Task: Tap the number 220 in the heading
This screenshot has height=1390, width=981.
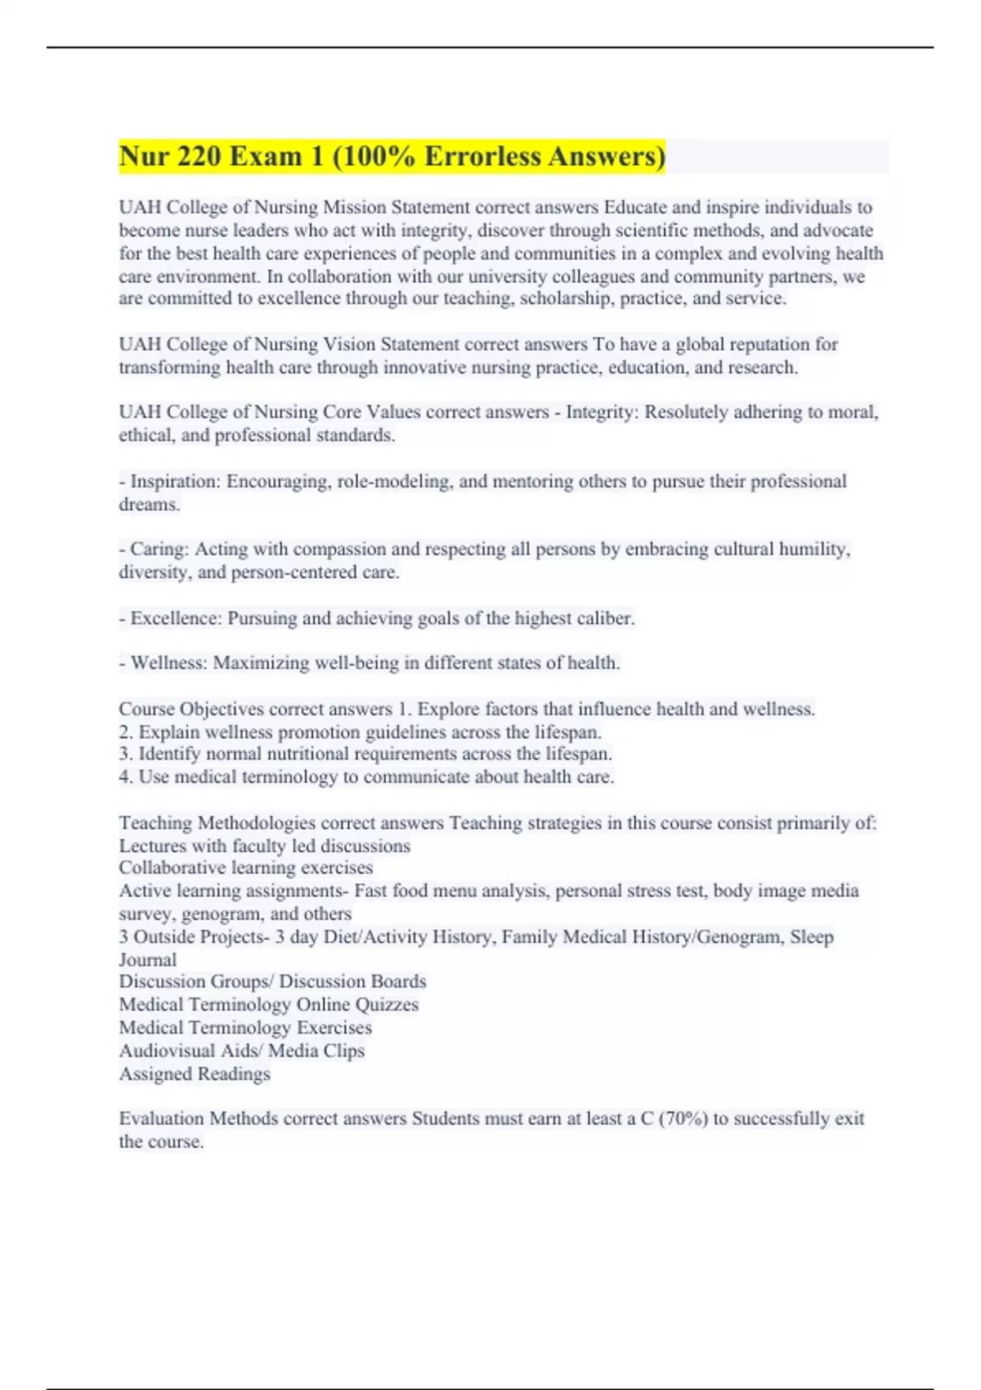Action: (x=196, y=155)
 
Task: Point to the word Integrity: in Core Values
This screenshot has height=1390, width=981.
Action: (x=602, y=412)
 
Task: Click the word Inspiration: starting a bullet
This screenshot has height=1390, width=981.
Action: (x=175, y=481)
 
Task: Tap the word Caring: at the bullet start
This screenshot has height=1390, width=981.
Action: (x=159, y=549)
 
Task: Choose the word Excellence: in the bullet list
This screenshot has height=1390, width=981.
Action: (x=176, y=618)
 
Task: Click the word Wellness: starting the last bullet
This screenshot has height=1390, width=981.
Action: (x=169, y=662)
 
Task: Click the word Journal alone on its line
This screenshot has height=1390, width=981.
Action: (x=147, y=959)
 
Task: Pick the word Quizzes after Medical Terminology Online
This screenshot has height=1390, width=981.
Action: (x=387, y=1004)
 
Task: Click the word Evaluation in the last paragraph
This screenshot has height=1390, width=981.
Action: (x=161, y=1119)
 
